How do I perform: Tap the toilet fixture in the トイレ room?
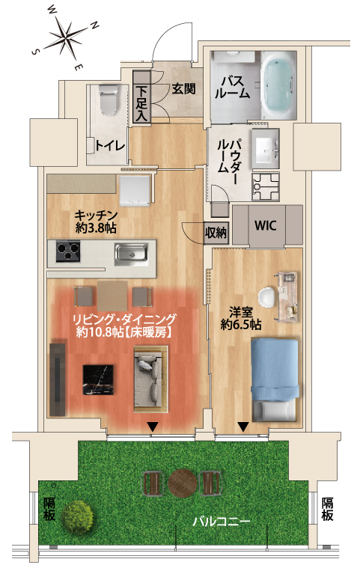tap(109, 100)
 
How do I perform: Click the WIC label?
tap(265, 225)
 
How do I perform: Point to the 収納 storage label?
tap(216, 233)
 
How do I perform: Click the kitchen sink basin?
tap(131, 253)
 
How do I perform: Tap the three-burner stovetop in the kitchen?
tap(68, 251)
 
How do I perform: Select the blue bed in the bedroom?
tap(275, 380)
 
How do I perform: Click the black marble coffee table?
tap(98, 380)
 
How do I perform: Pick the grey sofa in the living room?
tap(150, 379)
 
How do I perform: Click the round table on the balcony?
tap(183, 483)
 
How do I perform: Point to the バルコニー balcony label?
tap(221, 522)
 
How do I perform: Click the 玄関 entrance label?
tap(183, 88)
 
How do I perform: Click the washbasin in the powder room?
tap(266, 148)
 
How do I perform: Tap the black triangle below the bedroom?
tap(243, 427)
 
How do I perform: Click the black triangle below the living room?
tap(153, 427)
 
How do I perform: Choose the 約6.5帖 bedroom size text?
tap(241, 325)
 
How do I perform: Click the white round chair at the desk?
tap(267, 297)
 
